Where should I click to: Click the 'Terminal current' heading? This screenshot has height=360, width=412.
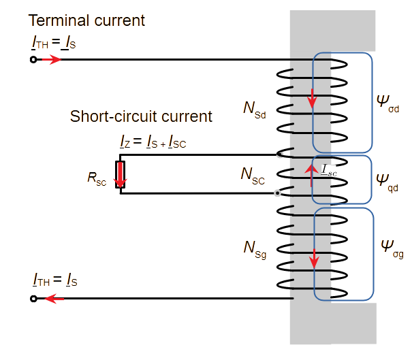[x=86, y=21]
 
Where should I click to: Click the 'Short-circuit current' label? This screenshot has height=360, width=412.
[x=141, y=116]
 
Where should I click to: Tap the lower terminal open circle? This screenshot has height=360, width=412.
[x=33, y=298]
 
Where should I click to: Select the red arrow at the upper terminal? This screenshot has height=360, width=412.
[x=51, y=60]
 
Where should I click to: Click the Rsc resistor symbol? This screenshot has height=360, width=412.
[x=121, y=174]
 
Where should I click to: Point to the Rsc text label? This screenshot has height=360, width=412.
[x=96, y=178]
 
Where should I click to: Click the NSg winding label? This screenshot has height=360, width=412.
[x=255, y=248]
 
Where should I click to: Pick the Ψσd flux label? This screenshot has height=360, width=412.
[x=388, y=102]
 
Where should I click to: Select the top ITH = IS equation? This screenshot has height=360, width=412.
[x=54, y=44]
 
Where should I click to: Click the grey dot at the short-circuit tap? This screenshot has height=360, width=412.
[x=277, y=193]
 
